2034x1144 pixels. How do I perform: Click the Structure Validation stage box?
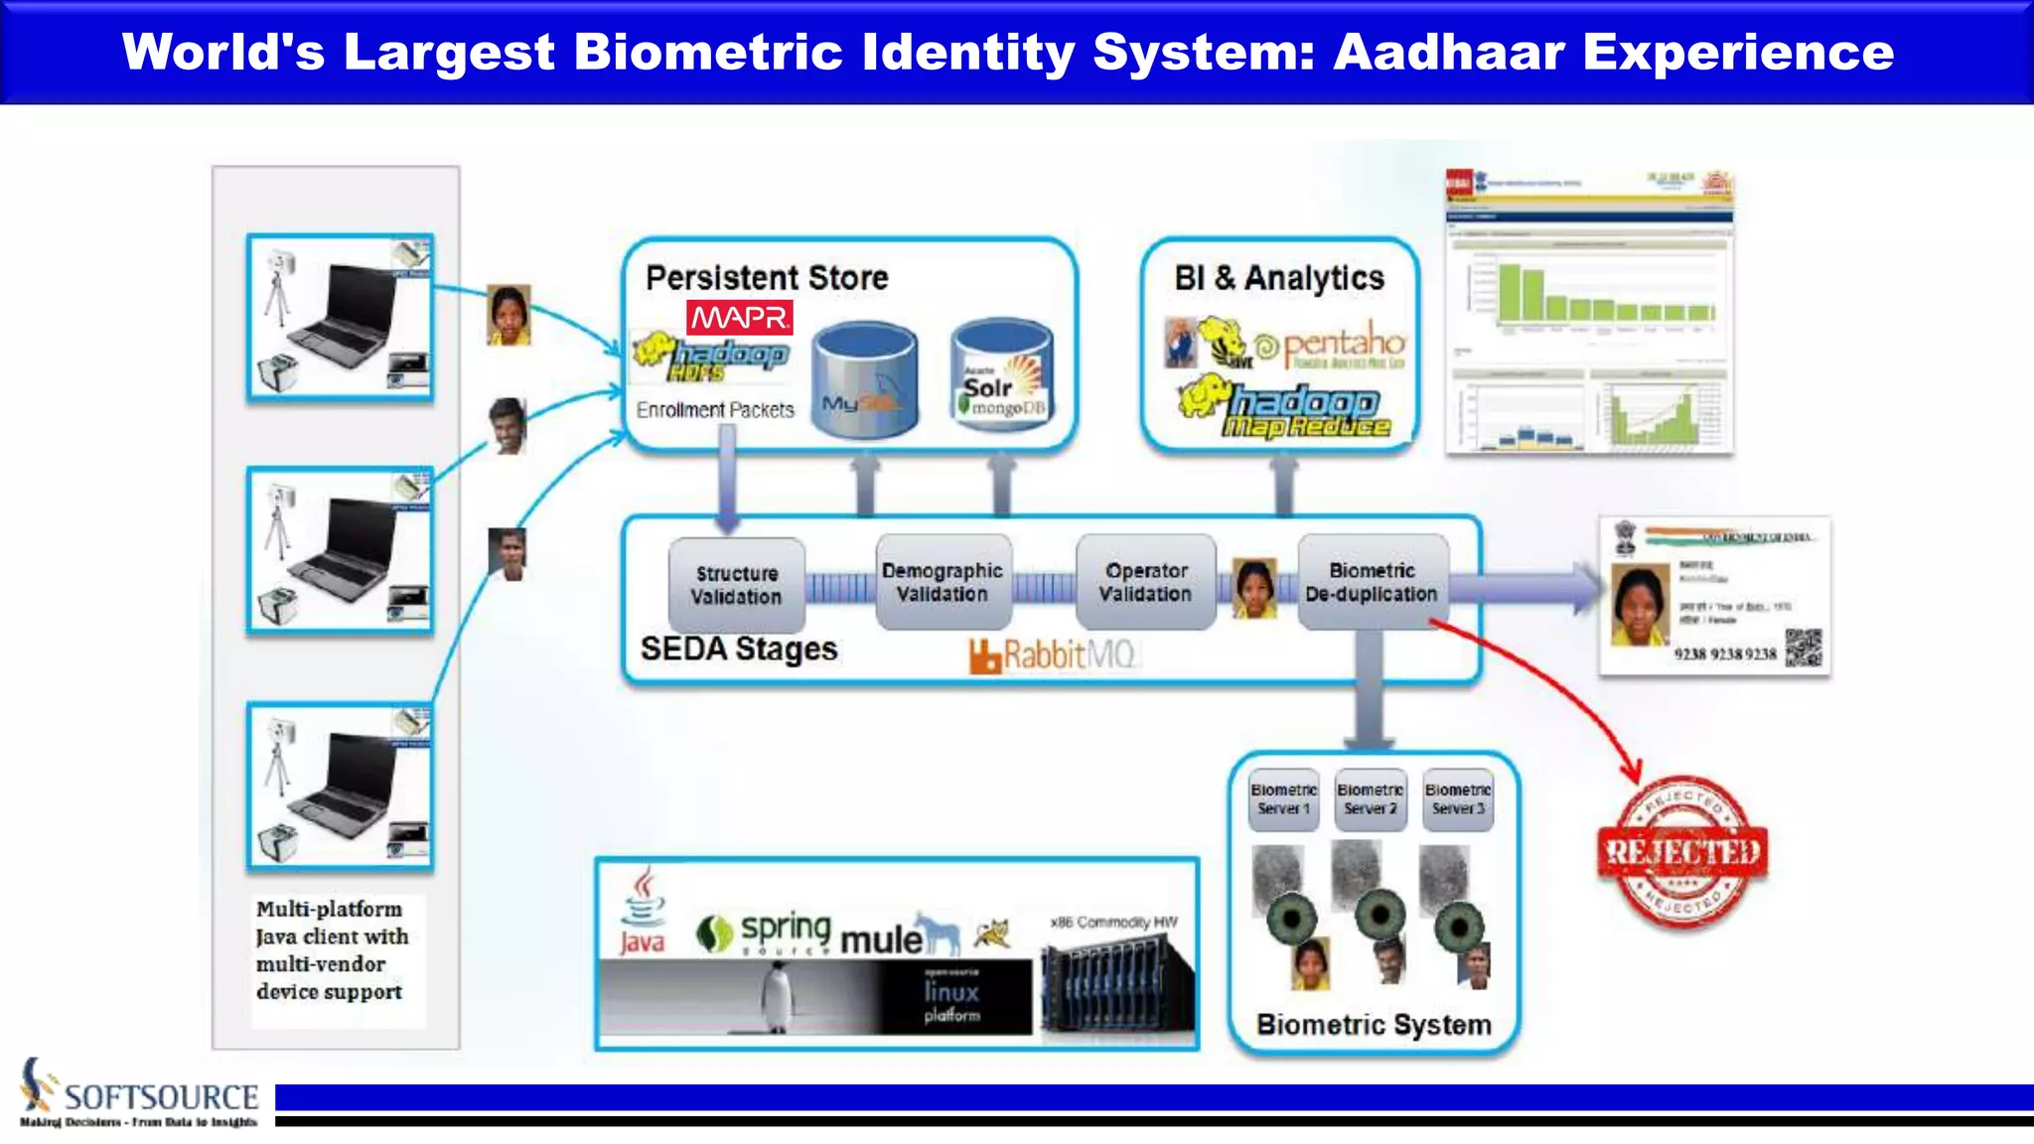pos(736,585)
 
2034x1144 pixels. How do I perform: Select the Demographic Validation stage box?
pos(943,582)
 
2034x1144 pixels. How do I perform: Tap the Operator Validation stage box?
pos(1145,582)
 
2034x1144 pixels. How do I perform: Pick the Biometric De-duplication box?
pos(1372,582)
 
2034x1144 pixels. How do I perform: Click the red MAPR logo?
pos(740,318)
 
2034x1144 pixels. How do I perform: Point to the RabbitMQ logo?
pos(1052,655)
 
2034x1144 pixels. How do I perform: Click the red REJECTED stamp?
pos(1683,852)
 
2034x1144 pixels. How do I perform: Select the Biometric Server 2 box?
pos(1371,798)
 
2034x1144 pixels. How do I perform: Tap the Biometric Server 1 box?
pos(1283,798)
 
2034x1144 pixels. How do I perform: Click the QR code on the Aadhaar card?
pos(1804,647)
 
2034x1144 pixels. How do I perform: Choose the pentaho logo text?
pos(1343,344)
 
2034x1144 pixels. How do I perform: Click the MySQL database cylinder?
pos(864,379)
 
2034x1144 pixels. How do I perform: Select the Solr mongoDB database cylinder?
pos(1002,375)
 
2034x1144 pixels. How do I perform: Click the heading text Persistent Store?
pos(767,278)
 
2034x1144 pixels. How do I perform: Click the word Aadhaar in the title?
pos(1448,52)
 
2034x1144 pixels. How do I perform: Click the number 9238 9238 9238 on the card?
pos(1725,653)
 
